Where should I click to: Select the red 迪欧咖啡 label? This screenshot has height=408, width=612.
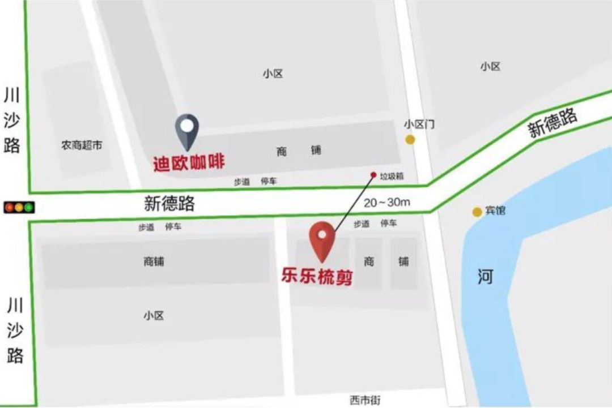click(189, 163)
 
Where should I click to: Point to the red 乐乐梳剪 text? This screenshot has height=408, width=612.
click(317, 277)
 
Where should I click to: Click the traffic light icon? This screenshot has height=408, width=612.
click(19, 207)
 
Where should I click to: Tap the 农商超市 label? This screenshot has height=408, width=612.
click(82, 145)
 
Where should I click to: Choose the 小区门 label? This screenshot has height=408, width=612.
click(419, 124)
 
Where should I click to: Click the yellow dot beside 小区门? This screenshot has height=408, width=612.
click(410, 139)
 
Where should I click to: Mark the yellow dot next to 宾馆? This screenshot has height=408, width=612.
click(477, 212)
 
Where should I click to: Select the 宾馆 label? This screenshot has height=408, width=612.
click(495, 211)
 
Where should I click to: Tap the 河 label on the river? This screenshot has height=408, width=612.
click(485, 277)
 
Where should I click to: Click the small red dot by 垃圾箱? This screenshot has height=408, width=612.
click(373, 175)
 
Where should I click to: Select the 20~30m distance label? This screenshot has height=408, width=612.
click(387, 202)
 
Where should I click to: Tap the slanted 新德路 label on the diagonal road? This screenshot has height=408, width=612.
click(552, 123)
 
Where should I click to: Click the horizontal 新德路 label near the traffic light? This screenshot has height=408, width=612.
click(169, 204)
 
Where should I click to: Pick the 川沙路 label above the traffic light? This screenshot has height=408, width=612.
click(12, 120)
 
